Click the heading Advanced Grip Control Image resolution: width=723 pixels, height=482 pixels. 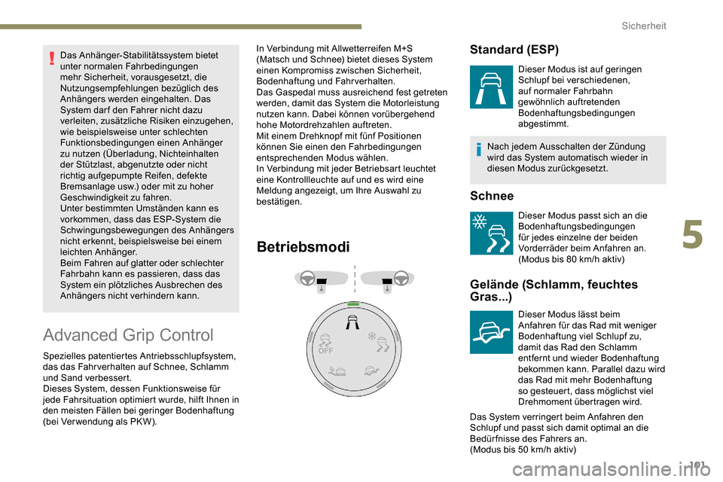click(128, 335)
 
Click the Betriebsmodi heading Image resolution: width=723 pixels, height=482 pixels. click(303, 247)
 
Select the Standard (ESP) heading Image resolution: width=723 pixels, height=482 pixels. click(514, 50)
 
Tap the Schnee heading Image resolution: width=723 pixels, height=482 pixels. click(491, 196)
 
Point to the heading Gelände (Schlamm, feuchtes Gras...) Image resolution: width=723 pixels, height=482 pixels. click(553, 290)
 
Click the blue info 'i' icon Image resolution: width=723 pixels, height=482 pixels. click(479, 151)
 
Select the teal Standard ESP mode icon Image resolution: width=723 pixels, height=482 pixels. click(491, 87)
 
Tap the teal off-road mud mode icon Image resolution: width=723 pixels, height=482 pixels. click(491, 331)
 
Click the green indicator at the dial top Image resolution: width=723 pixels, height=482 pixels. click(352, 304)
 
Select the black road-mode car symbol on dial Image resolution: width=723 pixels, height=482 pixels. click(352, 325)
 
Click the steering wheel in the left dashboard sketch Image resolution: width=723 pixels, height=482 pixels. click(307, 278)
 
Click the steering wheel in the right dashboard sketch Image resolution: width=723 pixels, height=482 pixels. click(401, 277)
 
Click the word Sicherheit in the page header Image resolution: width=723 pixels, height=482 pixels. click(643, 26)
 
